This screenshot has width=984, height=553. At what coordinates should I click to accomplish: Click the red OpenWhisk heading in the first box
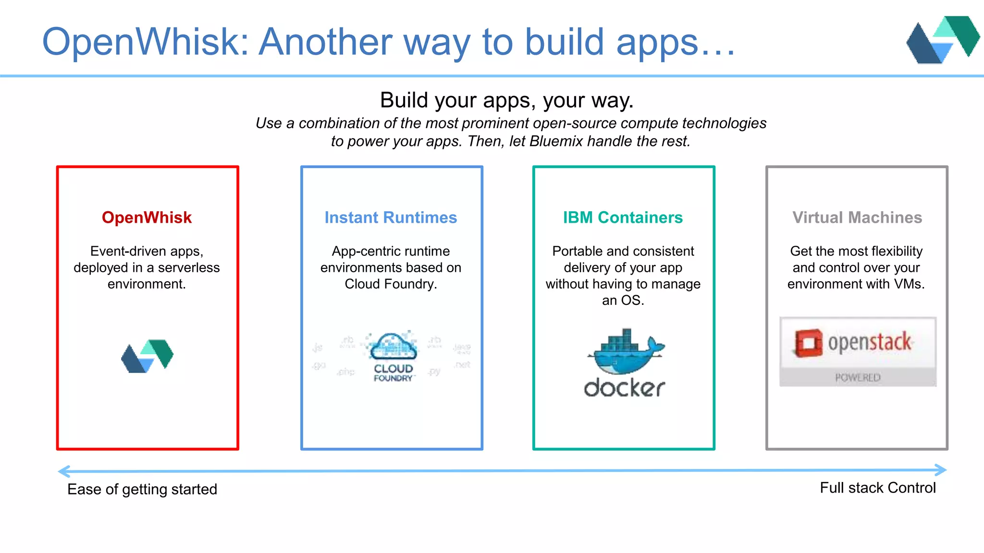147,217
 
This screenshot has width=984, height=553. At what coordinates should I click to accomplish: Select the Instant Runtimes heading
391,217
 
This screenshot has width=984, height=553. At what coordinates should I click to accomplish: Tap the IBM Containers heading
623,217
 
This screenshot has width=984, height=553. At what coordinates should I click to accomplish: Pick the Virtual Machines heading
857,217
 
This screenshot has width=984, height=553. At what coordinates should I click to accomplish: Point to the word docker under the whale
624,388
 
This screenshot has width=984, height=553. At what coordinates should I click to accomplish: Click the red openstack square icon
808,343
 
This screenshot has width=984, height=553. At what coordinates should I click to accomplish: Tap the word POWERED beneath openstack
858,378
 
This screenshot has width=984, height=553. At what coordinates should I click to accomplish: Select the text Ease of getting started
142,489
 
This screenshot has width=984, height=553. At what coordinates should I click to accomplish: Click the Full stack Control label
878,488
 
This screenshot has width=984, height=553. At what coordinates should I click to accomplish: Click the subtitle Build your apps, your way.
507,100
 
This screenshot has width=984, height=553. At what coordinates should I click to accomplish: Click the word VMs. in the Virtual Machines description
909,284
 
